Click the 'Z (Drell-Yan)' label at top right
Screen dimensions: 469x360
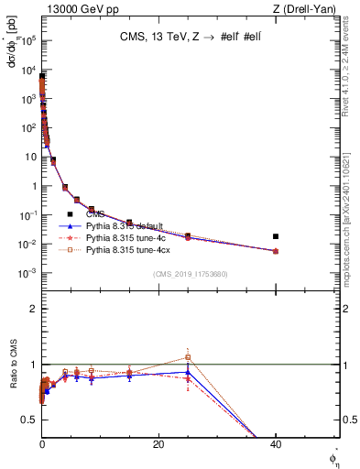tap(309, 9)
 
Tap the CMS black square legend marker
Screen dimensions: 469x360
tap(70, 214)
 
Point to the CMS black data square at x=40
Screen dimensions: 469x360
tap(276, 236)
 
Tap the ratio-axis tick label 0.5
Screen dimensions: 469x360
tap(28, 420)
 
